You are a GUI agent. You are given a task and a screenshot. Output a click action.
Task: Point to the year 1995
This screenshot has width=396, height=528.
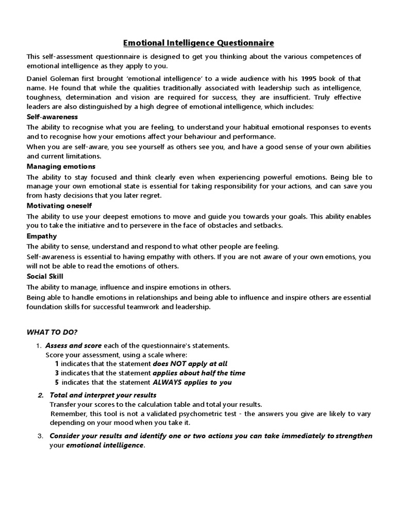click(x=310, y=78)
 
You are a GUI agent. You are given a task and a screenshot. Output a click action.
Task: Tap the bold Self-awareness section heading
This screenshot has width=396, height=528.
click(x=52, y=117)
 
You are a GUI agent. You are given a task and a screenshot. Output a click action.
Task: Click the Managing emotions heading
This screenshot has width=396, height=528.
click(x=61, y=167)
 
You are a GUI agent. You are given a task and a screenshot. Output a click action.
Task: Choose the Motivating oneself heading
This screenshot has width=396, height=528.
click(x=59, y=206)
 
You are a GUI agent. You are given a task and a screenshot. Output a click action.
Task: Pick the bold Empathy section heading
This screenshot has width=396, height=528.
click(x=42, y=236)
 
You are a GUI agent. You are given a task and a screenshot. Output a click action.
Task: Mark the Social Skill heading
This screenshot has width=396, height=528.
click(x=45, y=276)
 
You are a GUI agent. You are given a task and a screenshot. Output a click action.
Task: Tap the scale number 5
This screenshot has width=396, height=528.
click(x=57, y=382)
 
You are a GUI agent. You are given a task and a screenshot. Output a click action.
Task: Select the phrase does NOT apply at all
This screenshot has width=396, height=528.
click(x=190, y=364)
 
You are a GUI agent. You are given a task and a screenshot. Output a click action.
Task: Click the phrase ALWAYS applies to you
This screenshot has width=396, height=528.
click(x=192, y=382)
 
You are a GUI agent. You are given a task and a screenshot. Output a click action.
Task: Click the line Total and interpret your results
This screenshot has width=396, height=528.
click(x=103, y=395)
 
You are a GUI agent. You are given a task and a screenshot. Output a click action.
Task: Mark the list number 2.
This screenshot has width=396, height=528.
click(x=41, y=395)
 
